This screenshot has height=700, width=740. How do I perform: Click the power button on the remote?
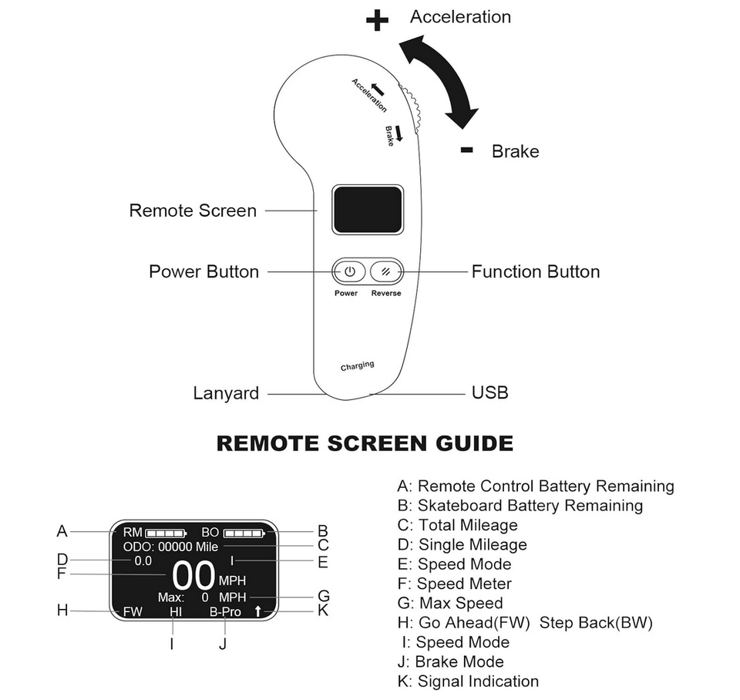[x=349, y=271]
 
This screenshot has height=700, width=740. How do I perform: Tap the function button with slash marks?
[x=385, y=271]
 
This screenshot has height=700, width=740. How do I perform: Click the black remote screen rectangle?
[x=368, y=209]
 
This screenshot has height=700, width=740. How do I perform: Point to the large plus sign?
[x=377, y=21]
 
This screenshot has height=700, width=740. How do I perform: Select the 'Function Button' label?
[x=535, y=271]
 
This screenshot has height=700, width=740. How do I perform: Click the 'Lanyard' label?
[x=226, y=393]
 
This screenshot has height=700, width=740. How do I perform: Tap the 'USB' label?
[x=489, y=393]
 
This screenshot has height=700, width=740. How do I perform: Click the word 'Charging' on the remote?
[x=357, y=365]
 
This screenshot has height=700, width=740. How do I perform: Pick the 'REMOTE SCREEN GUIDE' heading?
[x=365, y=443]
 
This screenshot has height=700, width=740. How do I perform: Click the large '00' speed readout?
[x=193, y=576]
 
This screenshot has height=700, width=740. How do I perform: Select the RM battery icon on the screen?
[x=166, y=532]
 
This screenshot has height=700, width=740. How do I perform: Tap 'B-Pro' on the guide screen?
[x=225, y=612]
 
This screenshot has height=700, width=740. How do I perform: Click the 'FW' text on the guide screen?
[x=133, y=612]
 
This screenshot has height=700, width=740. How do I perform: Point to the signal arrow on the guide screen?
[x=257, y=612]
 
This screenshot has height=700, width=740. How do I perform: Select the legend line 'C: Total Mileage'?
[x=457, y=525]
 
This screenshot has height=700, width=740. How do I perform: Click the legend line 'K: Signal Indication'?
[x=467, y=681]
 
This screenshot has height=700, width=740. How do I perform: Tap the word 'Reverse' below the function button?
[x=385, y=294]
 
